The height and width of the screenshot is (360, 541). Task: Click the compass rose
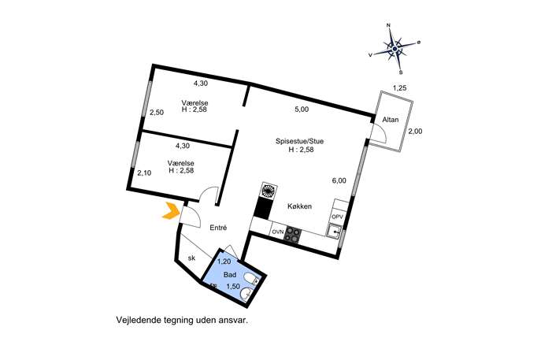(395, 49)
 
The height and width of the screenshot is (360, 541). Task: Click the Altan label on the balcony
(390, 120)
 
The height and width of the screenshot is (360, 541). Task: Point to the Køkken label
(299, 206)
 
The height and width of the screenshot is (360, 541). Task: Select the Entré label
(218, 228)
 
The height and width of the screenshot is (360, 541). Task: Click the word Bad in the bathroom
(230, 274)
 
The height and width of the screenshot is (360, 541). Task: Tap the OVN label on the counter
(277, 232)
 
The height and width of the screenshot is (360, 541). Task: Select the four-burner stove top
(293, 233)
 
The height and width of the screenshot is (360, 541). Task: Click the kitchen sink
(335, 232)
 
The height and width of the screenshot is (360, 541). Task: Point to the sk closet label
(191, 258)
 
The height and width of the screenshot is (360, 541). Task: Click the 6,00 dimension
(339, 180)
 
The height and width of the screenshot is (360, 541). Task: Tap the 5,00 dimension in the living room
(302, 109)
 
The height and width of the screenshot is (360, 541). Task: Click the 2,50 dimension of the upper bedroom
(157, 113)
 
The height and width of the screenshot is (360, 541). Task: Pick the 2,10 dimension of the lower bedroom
(143, 173)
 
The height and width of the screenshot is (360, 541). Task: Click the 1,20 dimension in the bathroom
(224, 262)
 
